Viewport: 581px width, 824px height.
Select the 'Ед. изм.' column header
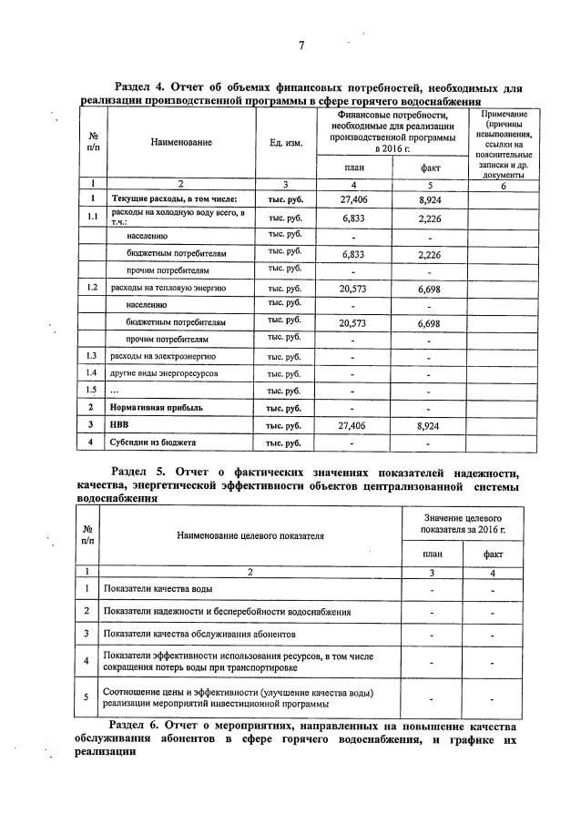coord(287,142)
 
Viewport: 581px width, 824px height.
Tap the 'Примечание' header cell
coord(504,116)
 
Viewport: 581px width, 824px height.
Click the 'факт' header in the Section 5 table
coord(493,553)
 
